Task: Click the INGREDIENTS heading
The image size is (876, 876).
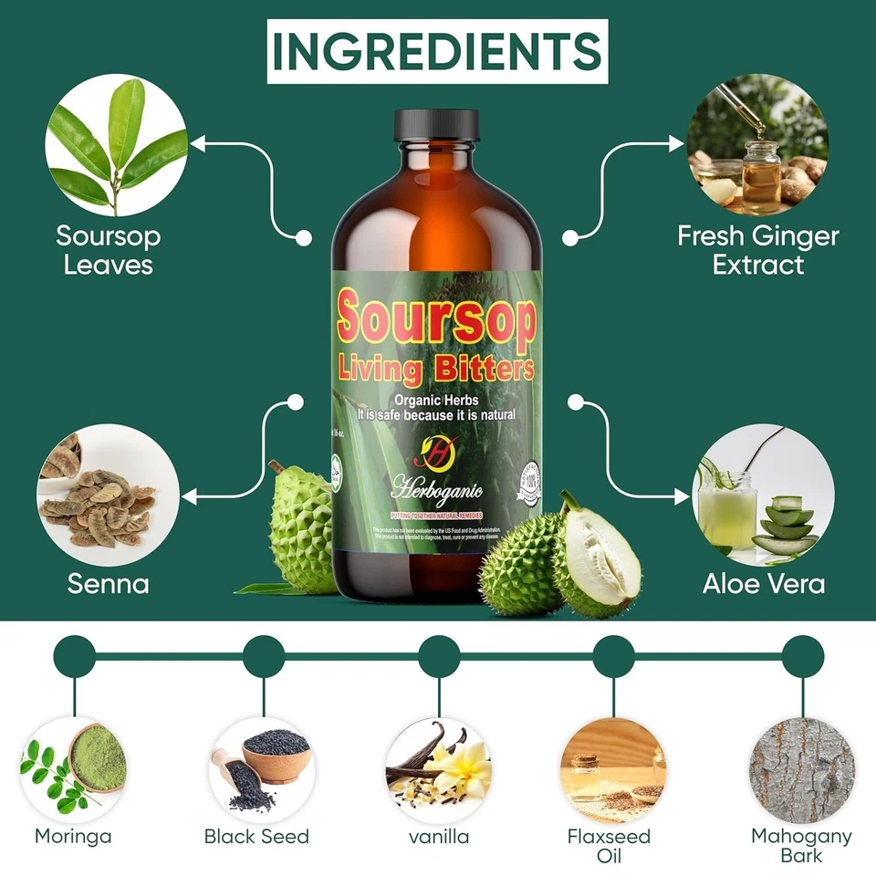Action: [438, 50]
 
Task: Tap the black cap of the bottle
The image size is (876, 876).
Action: [436, 125]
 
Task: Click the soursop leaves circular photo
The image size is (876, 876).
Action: [117, 144]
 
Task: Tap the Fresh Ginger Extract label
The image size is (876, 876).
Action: [758, 250]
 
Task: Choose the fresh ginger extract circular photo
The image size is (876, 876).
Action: [757, 144]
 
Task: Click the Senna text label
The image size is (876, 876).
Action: [108, 583]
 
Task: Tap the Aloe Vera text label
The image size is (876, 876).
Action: [764, 583]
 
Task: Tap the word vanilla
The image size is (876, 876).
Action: [439, 836]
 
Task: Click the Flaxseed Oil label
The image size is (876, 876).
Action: [609, 845]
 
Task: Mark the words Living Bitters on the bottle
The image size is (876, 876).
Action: [436, 369]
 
